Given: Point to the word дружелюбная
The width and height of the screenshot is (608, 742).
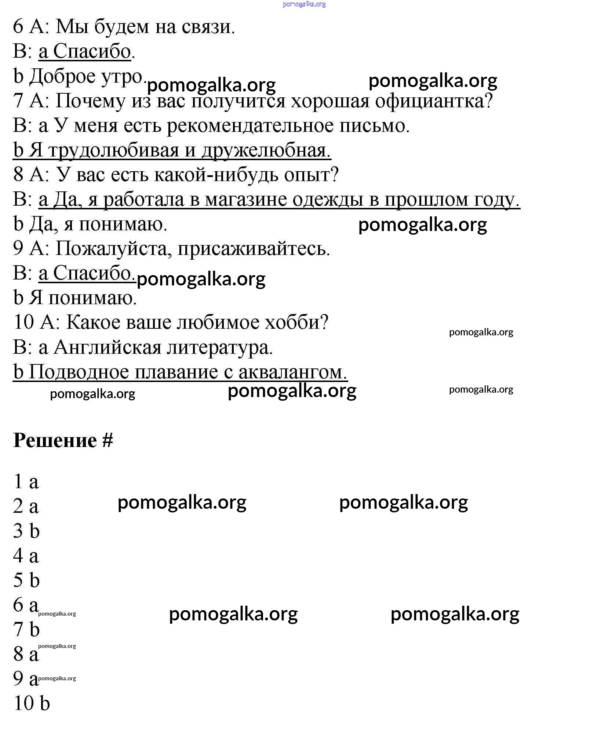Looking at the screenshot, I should [x=266, y=150].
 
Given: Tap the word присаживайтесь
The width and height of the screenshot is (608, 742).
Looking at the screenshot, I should [x=254, y=249].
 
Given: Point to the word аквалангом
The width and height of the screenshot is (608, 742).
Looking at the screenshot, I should [x=292, y=372].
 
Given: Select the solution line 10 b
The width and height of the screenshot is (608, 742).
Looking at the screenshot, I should [x=32, y=703].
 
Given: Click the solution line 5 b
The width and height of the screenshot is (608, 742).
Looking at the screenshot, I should [x=26, y=580].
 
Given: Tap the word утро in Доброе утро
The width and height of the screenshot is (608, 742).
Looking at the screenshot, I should [x=123, y=76].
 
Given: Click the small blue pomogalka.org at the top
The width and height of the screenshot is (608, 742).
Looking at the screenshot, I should [x=304, y=4].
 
